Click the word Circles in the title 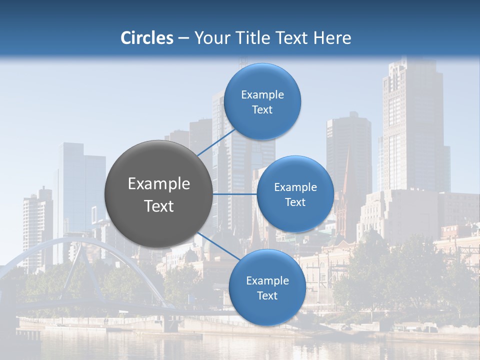coord(146,38)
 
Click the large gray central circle coord(159,194)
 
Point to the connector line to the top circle coord(216,141)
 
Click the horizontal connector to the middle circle coord(235,194)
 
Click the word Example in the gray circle coord(159,184)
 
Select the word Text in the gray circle coord(159,206)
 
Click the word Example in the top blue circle coord(262,95)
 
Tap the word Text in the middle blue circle coord(295,202)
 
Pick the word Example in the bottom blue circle coord(267,281)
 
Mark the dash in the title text coord(183,38)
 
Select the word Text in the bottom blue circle coord(267,296)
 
